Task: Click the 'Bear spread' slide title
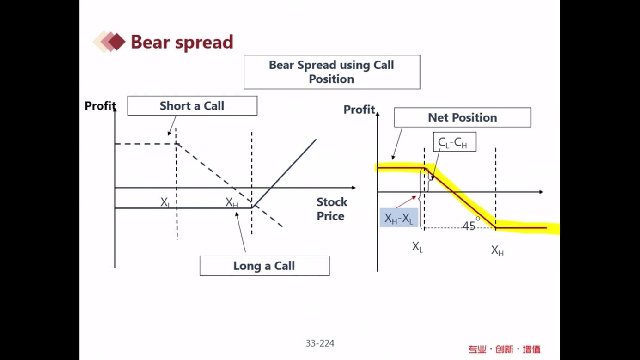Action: [182, 42]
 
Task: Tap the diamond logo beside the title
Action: [110, 42]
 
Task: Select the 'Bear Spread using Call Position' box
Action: [332, 72]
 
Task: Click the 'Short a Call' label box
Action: [192, 106]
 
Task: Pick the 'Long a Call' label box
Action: [265, 266]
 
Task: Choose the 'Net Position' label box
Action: [463, 117]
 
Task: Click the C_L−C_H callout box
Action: [455, 142]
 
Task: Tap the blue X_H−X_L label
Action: [399, 218]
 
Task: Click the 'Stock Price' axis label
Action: [331, 209]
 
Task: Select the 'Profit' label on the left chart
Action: [100, 106]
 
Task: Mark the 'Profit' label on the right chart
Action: [359, 110]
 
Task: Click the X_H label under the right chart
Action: [497, 250]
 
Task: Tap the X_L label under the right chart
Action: [417, 247]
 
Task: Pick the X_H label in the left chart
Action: [232, 202]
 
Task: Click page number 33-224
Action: [320, 343]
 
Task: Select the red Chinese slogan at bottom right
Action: [504, 349]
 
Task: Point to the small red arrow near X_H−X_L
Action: [406, 202]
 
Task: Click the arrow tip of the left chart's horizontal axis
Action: [356, 188]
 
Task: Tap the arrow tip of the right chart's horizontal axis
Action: [543, 192]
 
